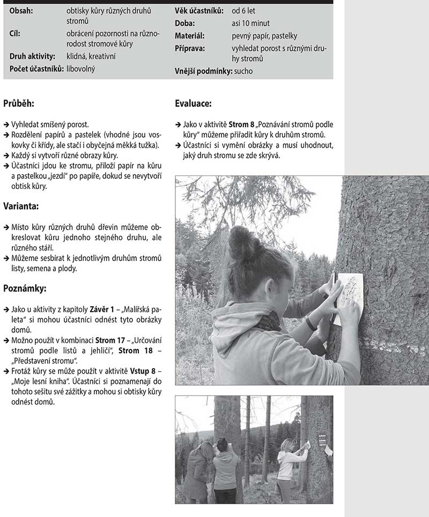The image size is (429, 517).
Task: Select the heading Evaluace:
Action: [x=193, y=103]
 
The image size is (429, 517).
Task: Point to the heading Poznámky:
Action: [x=25, y=288]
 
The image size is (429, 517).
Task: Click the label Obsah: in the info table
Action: [x=21, y=11]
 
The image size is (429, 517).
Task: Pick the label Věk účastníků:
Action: [x=199, y=11]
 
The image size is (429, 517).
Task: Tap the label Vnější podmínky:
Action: [x=203, y=71]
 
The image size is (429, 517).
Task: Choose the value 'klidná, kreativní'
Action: [x=91, y=56]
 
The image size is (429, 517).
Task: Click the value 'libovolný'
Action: [x=81, y=69]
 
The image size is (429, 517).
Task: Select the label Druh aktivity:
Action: [x=32, y=56]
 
